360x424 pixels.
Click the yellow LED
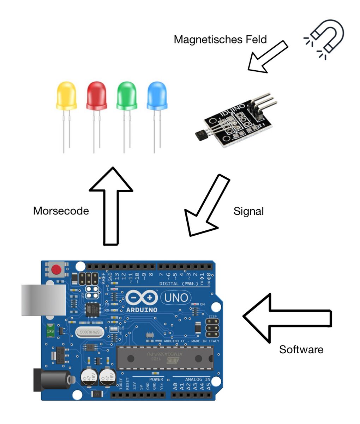click(x=66, y=95)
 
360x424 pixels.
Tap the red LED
click(x=97, y=95)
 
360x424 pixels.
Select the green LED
click(x=127, y=95)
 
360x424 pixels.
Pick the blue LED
click(x=157, y=95)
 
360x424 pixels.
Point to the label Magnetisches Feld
click(x=220, y=39)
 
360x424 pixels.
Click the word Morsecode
click(x=61, y=211)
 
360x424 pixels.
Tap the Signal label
click(x=248, y=211)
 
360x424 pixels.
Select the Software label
click(x=301, y=349)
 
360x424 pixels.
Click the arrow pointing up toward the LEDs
click(x=111, y=205)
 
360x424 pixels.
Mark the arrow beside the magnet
click(x=267, y=57)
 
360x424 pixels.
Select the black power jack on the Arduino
click(x=49, y=380)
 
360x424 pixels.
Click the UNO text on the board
click(x=176, y=298)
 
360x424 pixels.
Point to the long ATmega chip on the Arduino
click(x=165, y=358)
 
